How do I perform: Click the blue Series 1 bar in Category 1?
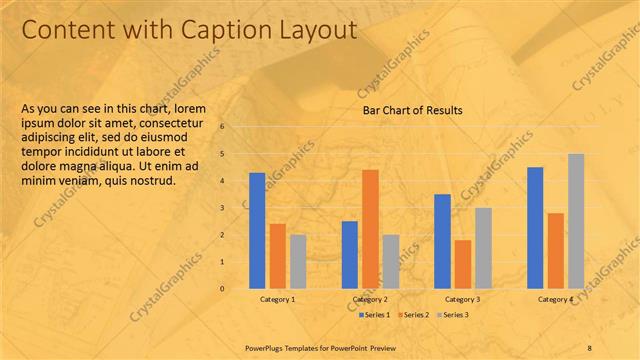click(257, 231)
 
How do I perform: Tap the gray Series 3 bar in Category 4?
click(576, 221)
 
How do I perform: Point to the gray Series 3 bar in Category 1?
click(298, 261)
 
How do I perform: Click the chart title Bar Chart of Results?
click(412, 111)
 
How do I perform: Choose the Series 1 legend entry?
click(372, 315)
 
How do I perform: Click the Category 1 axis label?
click(277, 299)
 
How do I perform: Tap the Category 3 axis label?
click(463, 299)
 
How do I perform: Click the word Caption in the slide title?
click(219, 31)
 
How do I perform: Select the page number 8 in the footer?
click(589, 347)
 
